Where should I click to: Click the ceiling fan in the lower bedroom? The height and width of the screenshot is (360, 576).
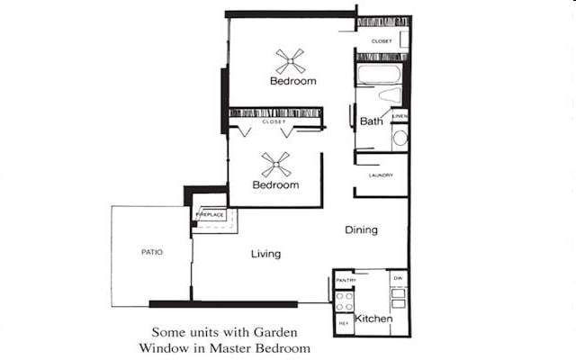point(275,164)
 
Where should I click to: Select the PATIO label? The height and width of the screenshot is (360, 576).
point(151,252)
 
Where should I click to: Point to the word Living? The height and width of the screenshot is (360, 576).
point(265,254)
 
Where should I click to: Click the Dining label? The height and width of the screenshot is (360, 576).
point(361,230)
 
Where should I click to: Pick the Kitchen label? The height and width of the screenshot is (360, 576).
point(373,319)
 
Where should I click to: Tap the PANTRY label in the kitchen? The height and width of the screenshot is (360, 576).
point(346,281)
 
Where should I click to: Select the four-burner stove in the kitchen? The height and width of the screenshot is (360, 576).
point(345,301)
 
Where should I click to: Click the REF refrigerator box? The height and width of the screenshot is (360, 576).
point(344,322)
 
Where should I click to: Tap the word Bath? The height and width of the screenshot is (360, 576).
point(371,121)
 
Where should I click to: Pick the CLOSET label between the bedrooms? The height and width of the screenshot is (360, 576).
point(274,121)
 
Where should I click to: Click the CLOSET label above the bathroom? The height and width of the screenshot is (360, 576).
point(382,41)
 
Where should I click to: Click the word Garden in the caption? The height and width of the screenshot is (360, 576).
point(258,330)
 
